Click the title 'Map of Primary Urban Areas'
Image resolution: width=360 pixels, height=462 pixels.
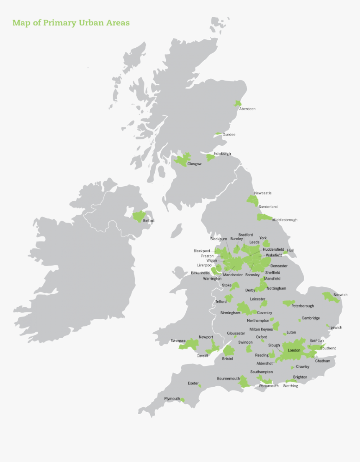pos(71,23)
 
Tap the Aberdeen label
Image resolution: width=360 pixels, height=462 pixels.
pos(247,109)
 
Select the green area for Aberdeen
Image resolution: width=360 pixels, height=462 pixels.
pos(238,103)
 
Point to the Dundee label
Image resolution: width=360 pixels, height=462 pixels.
pos(229,135)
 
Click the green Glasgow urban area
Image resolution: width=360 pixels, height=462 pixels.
pos(183,159)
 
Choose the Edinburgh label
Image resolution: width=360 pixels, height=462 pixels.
pos(222,154)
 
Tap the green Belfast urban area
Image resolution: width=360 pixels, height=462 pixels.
pos(138,216)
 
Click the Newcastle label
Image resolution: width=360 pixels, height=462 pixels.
pos(262,193)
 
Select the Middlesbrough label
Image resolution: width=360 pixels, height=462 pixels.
pos(285,220)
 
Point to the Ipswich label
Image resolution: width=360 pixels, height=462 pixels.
pos(336,327)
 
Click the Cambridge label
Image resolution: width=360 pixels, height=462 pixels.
pos(311,318)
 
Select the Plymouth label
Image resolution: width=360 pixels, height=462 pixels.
pos(172,398)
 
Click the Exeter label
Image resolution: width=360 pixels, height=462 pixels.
pos(193,383)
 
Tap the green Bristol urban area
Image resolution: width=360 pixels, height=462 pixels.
pos(228,351)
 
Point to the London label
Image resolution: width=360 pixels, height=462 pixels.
pos(294,350)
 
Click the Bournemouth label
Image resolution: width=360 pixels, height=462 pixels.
pos(228,378)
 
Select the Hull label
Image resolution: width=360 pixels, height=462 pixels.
pos(290,250)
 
